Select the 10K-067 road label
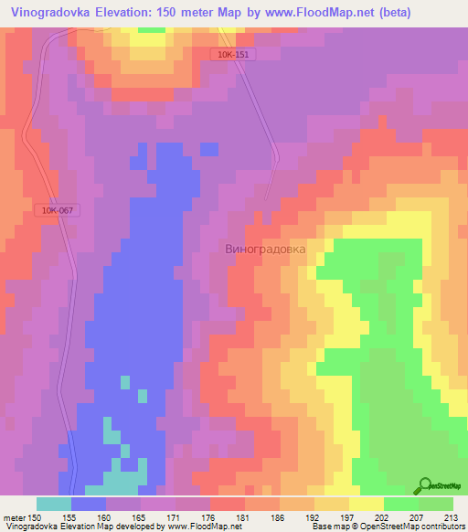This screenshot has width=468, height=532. [x=57, y=210]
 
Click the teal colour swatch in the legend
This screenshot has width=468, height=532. [x=54, y=503]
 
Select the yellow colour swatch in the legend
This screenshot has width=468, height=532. [x=366, y=503]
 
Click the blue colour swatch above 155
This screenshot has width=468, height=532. [x=89, y=503]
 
